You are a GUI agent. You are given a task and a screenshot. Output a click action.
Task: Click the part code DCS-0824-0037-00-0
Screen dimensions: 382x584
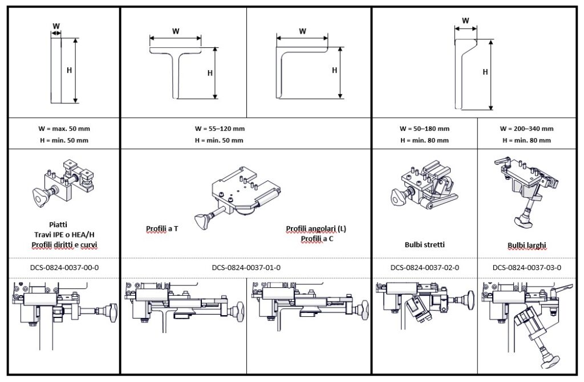(63, 267)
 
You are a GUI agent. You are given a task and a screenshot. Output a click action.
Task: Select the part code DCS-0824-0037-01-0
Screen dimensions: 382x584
(246, 267)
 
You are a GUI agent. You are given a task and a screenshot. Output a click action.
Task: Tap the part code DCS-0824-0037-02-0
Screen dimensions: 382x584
(425, 267)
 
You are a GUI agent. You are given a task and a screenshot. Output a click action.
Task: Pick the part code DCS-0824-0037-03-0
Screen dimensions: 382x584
(527, 267)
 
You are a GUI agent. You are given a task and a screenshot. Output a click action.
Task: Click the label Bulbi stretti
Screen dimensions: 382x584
(424, 244)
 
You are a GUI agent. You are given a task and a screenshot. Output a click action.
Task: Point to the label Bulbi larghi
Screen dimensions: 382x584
(527, 246)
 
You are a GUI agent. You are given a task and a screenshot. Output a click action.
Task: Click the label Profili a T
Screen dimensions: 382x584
(162, 228)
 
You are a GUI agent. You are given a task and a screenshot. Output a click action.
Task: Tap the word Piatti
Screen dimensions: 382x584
(63, 224)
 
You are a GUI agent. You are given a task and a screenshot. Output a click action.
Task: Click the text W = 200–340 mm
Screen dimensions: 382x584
(527, 128)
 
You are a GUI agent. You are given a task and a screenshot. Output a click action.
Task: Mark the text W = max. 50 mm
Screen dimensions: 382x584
(63, 128)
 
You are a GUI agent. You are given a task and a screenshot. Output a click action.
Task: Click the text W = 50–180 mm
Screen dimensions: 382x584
(424, 128)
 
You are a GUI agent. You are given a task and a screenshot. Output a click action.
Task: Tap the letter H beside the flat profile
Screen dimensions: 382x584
(69, 70)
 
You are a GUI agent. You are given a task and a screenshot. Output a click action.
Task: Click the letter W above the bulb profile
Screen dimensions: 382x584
(465, 21)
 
